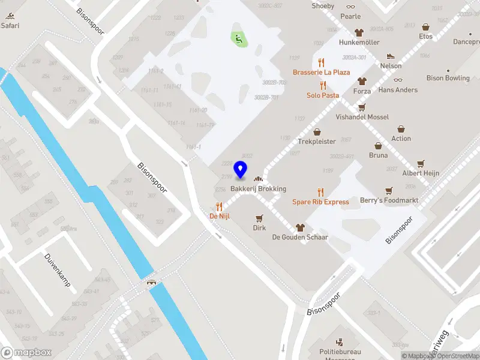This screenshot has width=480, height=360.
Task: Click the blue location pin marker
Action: [x=241, y=169]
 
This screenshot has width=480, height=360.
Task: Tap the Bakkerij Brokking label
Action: [x=262, y=188]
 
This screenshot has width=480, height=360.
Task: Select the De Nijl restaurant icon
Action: [x=220, y=206]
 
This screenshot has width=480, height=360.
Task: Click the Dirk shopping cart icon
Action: [x=259, y=218]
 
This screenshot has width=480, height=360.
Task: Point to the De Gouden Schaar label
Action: [x=300, y=237]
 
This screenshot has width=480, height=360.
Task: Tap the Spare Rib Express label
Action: [x=320, y=202]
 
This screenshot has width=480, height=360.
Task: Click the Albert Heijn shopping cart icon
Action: [x=421, y=163]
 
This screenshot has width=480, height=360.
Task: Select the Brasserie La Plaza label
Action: [x=321, y=72]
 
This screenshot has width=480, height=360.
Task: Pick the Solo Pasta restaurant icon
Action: [x=323, y=85]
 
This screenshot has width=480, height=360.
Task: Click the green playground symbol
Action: [x=238, y=39]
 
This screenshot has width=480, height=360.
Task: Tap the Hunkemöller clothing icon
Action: [x=359, y=33]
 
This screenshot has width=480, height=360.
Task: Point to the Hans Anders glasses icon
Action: [x=398, y=80]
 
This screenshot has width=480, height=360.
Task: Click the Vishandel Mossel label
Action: [x=362, y=117]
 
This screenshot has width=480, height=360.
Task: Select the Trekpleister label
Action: [x=316, y=142]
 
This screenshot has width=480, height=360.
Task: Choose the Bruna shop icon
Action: [x=378, y=145]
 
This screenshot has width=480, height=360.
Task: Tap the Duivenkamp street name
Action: [x=58, y=270]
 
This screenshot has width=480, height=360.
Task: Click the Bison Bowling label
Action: [x=448, y=78]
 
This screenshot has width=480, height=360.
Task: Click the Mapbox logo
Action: [x=26, y=353]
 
